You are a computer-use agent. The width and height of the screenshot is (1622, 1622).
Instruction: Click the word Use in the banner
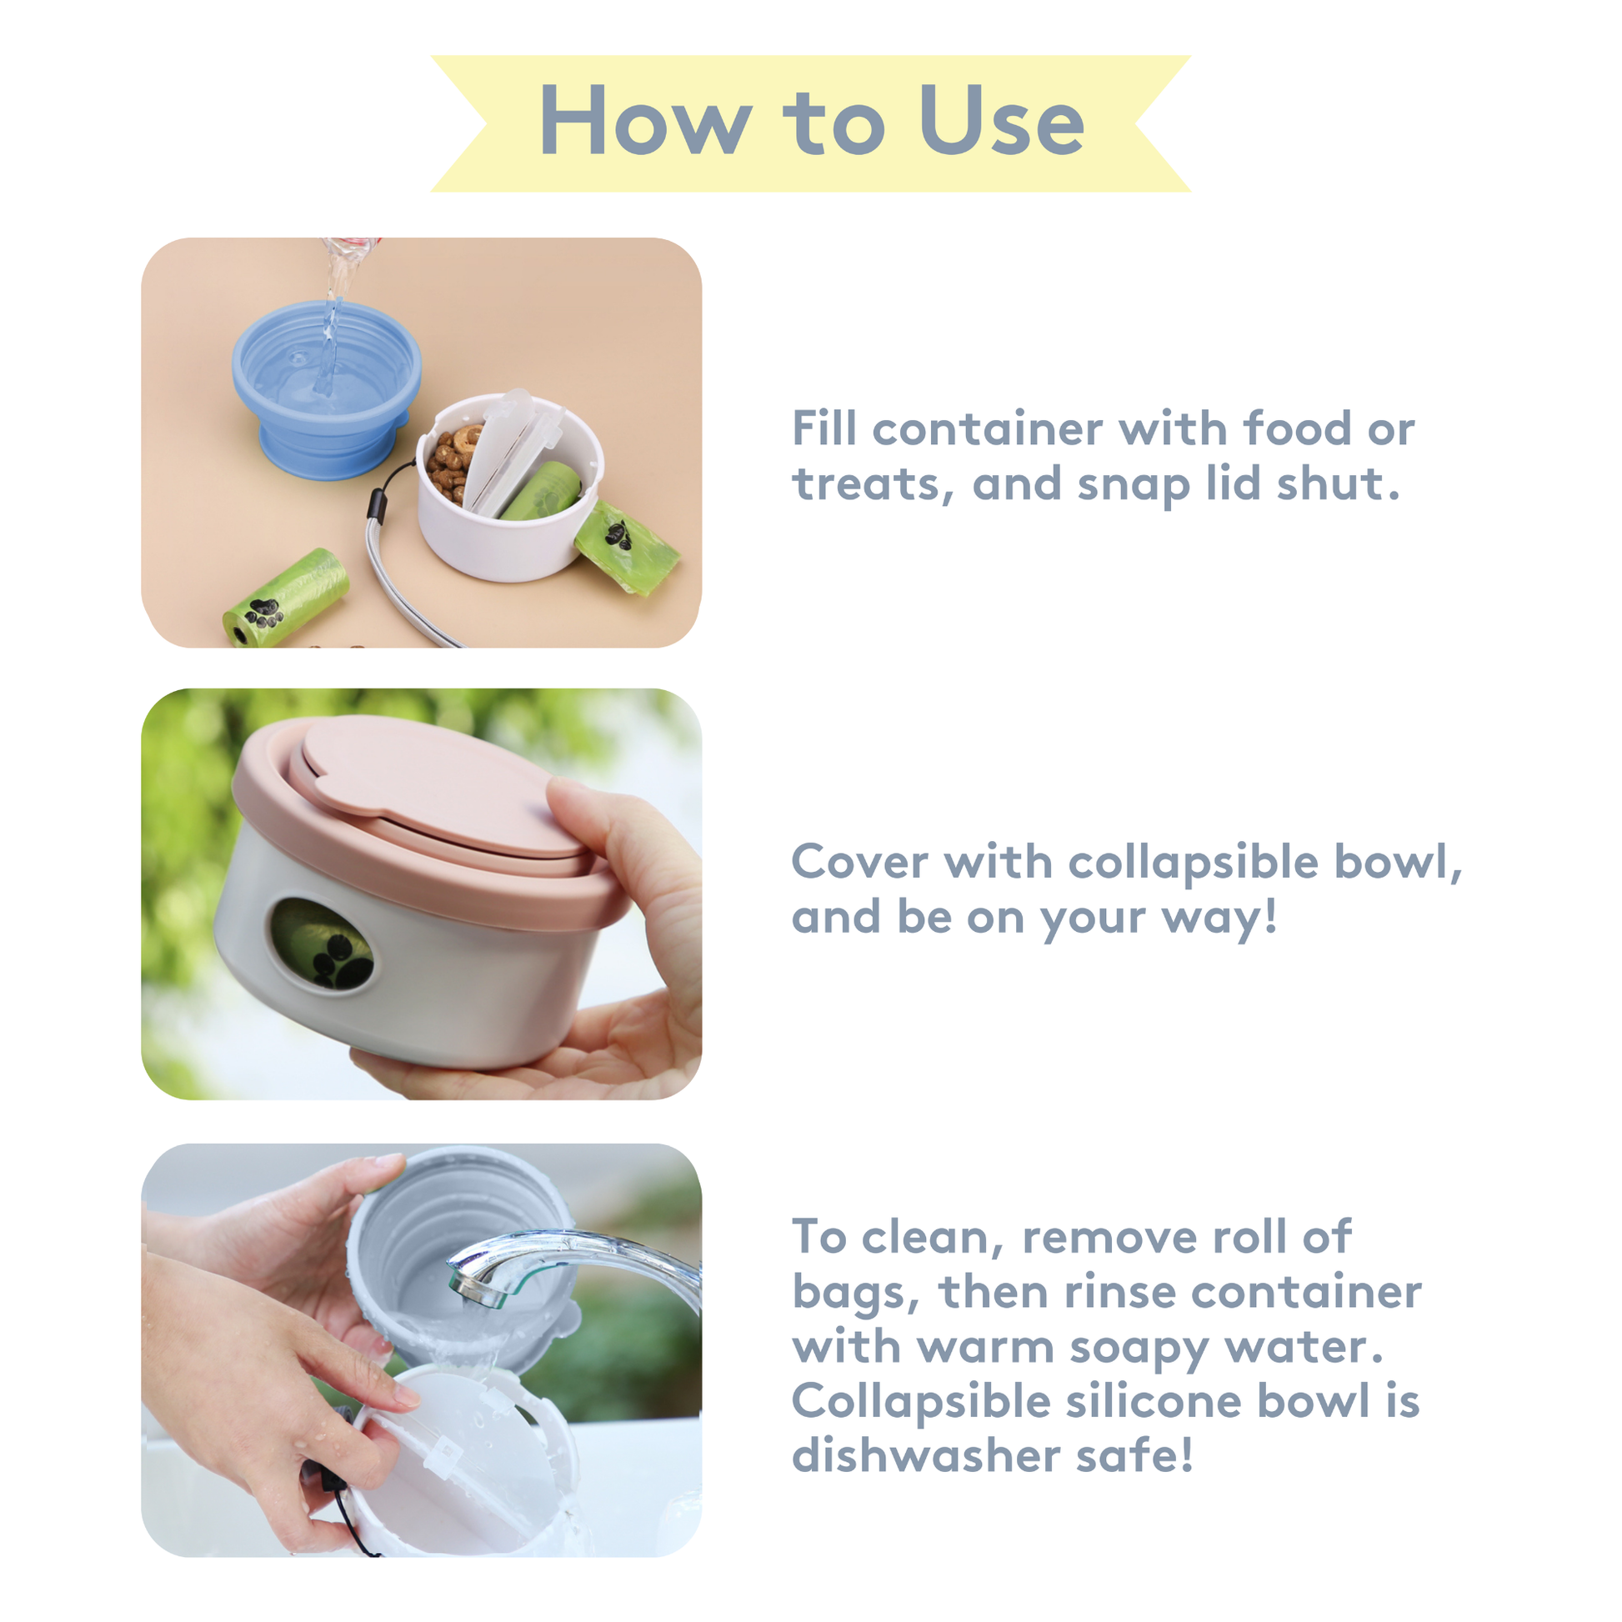1002,120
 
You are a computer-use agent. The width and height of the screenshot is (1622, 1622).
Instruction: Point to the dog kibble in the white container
451,463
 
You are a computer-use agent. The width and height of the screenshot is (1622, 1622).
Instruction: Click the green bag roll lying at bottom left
284,598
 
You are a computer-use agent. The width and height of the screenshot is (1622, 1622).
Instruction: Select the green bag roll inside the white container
543,488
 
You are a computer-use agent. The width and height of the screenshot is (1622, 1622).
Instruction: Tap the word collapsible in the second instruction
1194,862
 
